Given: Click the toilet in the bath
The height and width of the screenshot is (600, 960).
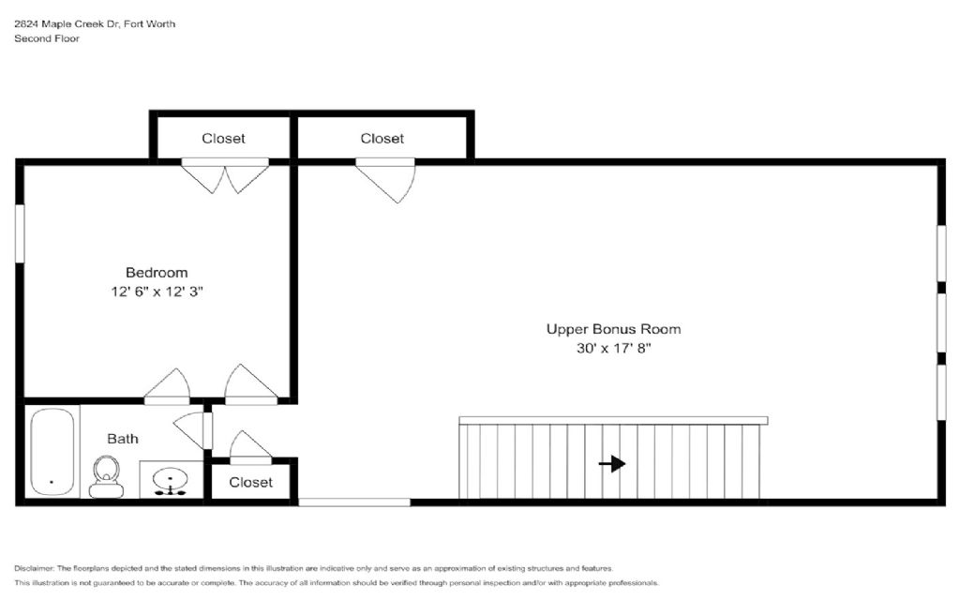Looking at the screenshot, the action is [106, 476].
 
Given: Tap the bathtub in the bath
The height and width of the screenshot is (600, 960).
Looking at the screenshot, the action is [52, 452].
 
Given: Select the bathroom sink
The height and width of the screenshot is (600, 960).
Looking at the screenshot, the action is [171, 479].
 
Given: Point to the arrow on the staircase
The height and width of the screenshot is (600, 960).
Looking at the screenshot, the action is [611, 463].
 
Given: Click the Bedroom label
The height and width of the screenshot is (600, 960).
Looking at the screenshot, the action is [157, 273].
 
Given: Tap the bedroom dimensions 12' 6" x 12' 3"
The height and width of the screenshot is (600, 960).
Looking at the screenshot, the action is [157, 292].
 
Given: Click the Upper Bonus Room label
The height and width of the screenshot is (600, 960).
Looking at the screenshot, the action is [613, 329].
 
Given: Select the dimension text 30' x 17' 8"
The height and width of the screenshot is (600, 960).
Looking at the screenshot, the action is [613, 348].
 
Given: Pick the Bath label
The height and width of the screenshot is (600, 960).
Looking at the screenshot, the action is [123, 439].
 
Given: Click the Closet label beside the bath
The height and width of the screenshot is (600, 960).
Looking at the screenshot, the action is [250, 482].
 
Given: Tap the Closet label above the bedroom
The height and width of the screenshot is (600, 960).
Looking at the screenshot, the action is [223, 139].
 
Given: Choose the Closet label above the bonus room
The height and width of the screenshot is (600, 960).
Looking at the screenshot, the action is [382, 139].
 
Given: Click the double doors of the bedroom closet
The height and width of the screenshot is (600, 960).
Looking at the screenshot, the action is [225, 175].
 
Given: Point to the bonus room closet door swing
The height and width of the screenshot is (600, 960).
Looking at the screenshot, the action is [385, 180].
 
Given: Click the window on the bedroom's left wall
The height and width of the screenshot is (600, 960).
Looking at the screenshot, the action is [20, 233].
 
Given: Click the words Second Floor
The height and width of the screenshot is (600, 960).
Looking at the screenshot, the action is [47, 37].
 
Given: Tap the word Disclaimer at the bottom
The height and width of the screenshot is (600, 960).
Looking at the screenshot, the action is [35, 568].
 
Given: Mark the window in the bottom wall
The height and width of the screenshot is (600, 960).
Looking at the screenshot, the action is [354, 502].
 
